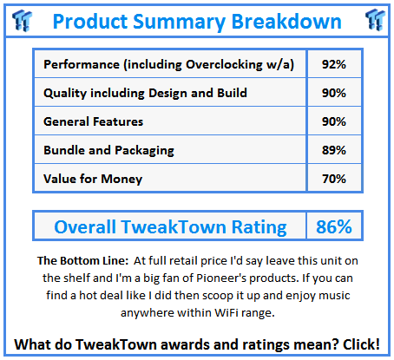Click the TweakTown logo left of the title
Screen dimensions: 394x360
[x=22, y=20]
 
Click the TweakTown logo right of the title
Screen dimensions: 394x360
[x=375, y=20]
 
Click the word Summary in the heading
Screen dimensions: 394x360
[x=179, y=23]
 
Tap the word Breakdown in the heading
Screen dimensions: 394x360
[x=286, y=21]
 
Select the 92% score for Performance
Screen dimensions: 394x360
[x=334, y=64]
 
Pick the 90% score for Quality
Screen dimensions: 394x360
[x=334, y=93]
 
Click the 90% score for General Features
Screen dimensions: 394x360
[x=334, y=121]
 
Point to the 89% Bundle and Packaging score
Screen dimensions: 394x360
[x=334, y=150]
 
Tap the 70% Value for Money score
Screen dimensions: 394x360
[x=334, y=179]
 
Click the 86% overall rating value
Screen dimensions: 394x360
[x=334, y=226]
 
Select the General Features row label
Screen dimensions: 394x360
[x=93, y=121]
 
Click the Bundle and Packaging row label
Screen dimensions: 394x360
[x=108, y=151]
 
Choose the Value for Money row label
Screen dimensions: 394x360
[x=93, y=179]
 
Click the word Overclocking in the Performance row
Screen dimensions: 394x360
[x=224, y=65]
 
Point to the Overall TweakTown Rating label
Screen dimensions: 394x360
[x=170, y=227]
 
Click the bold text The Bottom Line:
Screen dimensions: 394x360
[x=82, y=260]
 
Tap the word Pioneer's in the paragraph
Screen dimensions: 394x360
[x=221, y=278]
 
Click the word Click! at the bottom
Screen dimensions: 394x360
[x=361, y=344]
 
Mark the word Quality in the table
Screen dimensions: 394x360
[x=65, y=94]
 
